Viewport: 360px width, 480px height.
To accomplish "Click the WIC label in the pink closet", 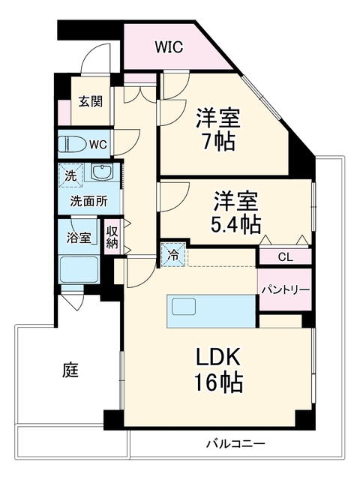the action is (x=169, y=46).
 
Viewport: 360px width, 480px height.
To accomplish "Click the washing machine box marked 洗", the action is (x=71, y=175).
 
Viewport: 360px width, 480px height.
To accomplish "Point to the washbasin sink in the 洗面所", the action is (x=103, y=172).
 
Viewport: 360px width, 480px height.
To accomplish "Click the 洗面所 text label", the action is (x=89, y=201).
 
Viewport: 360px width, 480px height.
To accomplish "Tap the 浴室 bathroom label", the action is (x=79, y=237).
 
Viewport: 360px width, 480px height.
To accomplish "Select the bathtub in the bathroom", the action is (x=79, y=270).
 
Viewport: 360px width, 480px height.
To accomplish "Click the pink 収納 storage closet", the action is (x=112, y=236).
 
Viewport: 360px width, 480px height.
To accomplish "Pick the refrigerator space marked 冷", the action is (x=173, y=255).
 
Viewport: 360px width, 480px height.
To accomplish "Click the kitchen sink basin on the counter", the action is (x=184, y=307).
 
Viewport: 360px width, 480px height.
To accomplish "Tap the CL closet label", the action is (x=285, y=256).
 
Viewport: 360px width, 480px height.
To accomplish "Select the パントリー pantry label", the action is (x=285, y=289).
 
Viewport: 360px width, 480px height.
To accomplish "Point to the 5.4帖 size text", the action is (x=235, y=225).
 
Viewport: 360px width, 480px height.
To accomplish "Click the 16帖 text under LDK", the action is (x=218, y=382).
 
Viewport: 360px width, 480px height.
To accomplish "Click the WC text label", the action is (x=98, y=144).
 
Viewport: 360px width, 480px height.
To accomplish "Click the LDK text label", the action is (x=218, y=357).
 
